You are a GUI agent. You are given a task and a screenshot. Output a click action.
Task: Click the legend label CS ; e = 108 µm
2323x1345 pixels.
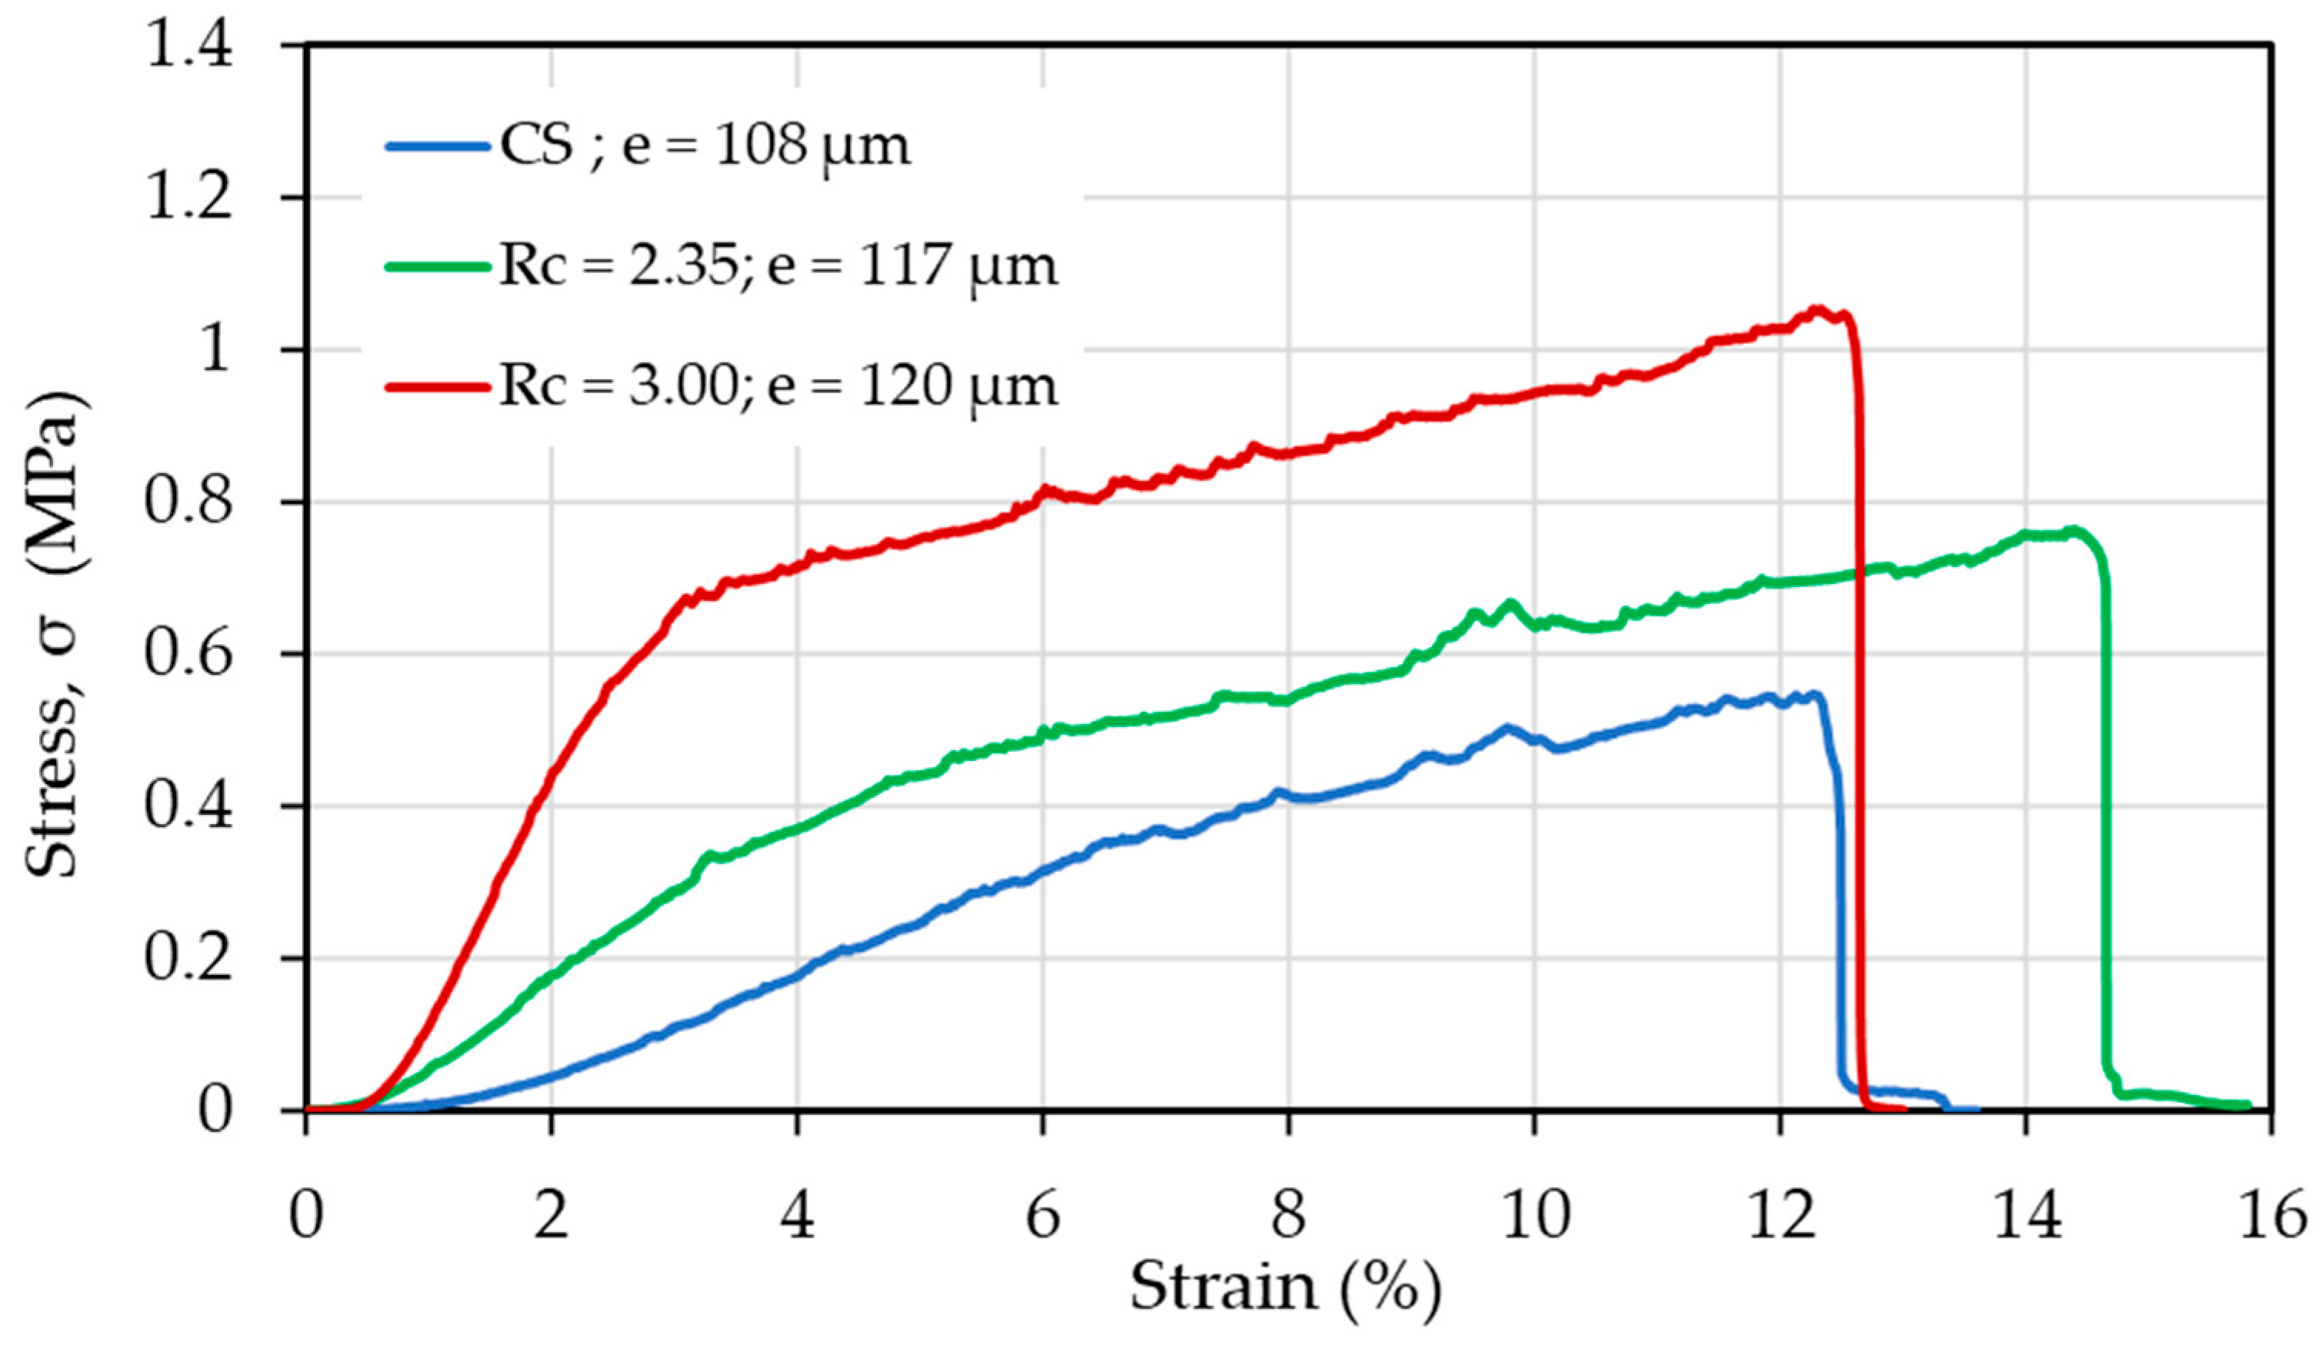[x=705, y=146]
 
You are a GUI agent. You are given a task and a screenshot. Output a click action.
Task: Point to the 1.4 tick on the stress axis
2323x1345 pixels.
[x=189, y=46]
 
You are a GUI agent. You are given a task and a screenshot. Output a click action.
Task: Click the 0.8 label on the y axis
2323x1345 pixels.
[x=189, y=502]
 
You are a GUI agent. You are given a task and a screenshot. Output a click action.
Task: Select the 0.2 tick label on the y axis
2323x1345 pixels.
[x=189, y=959]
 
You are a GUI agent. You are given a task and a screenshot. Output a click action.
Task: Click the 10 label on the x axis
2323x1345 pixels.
[x=1534, y=1215]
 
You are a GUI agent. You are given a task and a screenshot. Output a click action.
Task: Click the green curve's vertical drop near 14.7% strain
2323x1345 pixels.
[x=2106, y=829]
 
